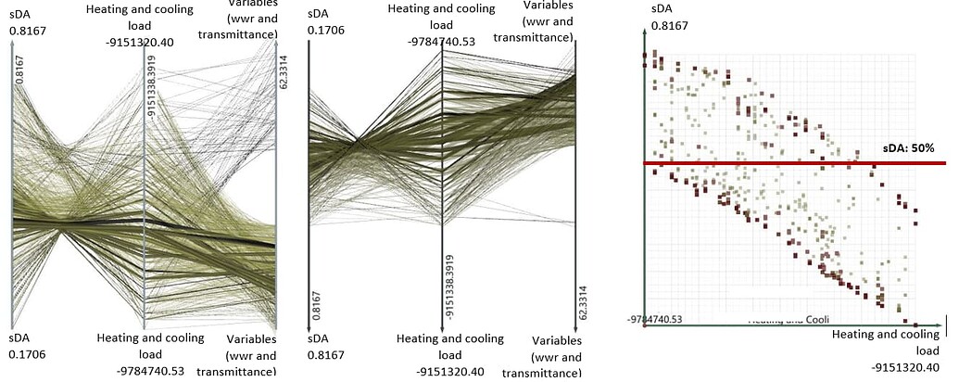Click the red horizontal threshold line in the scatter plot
coord(788,163)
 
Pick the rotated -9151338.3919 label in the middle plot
coord(449,286)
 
